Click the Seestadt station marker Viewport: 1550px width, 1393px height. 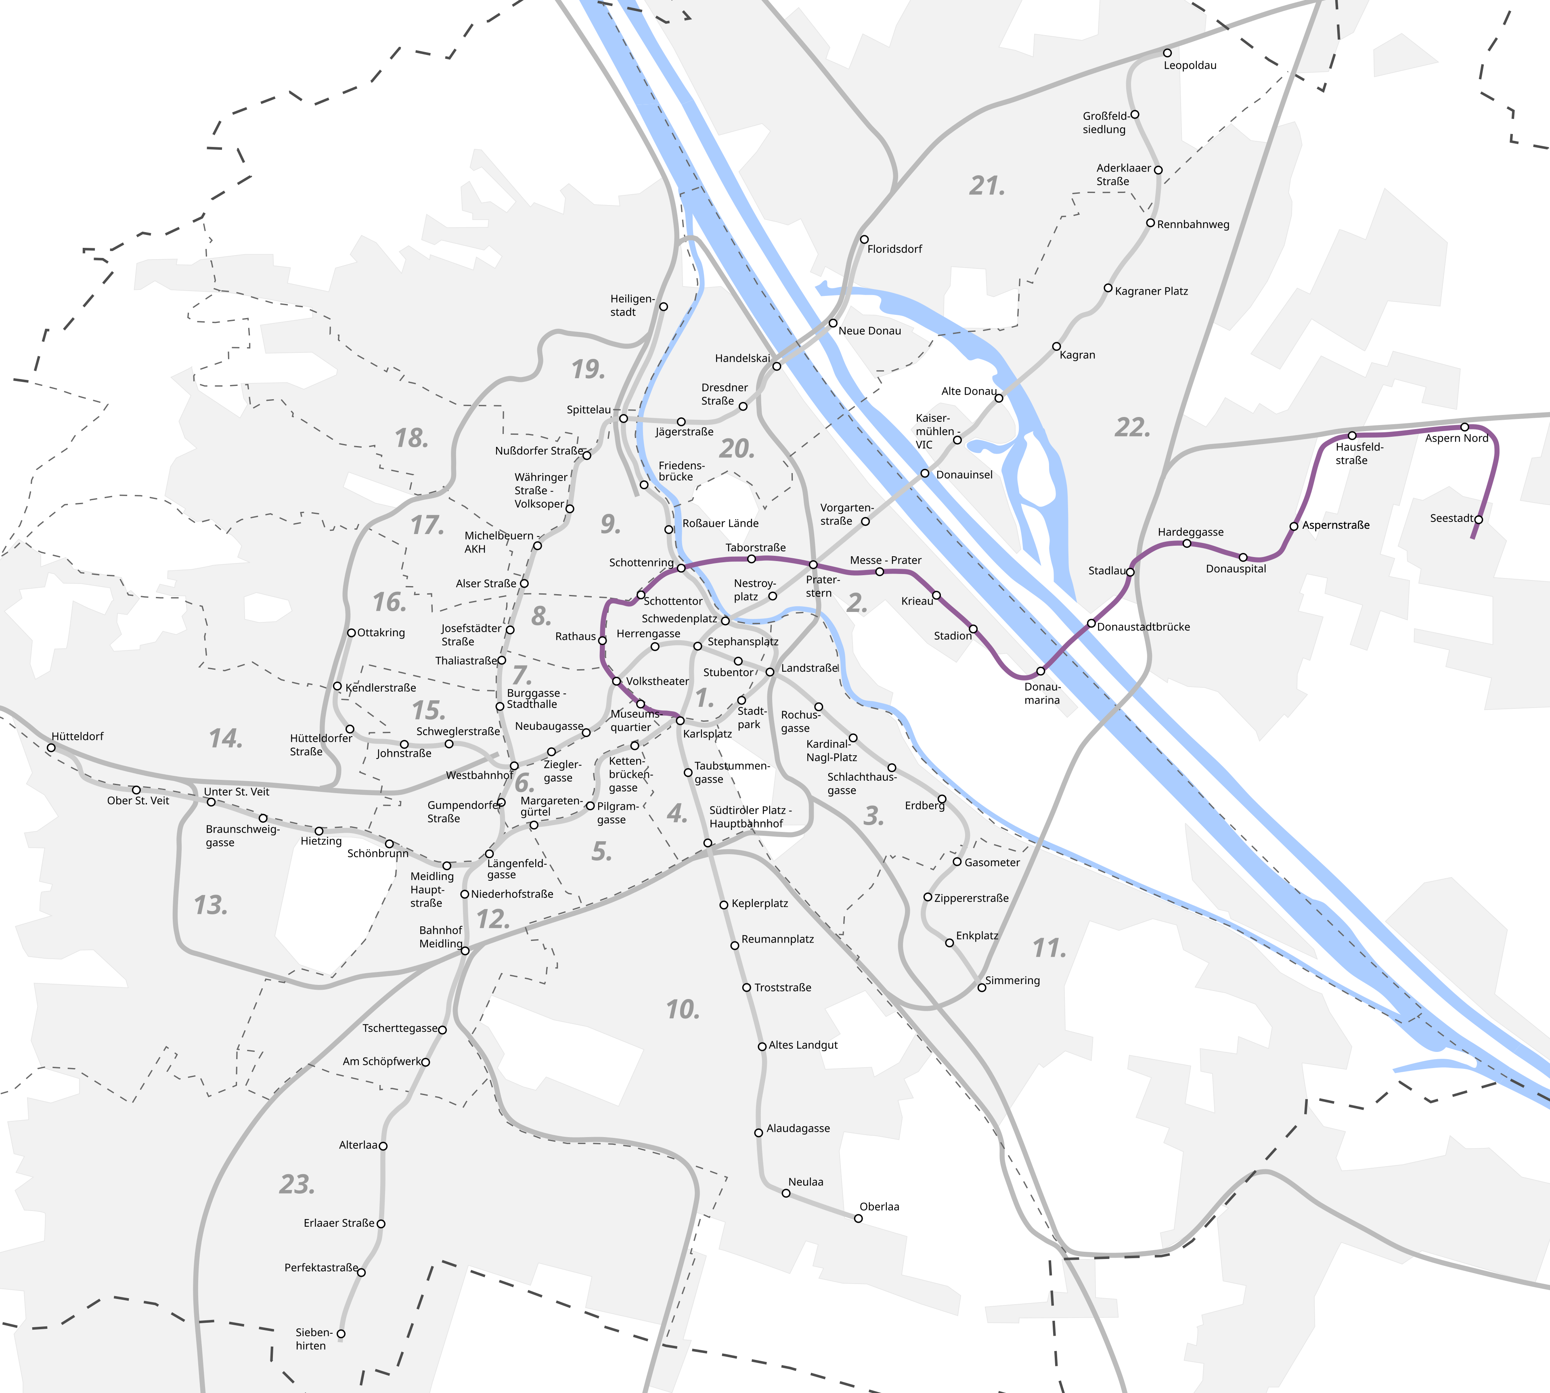[1478, 519]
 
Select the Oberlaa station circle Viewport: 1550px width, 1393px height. [858, 1219]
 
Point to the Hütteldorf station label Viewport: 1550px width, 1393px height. [77, 736]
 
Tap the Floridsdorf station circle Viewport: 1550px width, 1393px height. [864, 239]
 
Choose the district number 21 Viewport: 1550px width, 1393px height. [987, 186]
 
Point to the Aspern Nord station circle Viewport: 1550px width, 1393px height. [1464, 427]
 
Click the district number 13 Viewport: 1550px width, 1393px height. [210, 905]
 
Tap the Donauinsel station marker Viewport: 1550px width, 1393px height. [925, 474]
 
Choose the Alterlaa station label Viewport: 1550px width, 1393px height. [358, 1145]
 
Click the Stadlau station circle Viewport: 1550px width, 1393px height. [1130, 572]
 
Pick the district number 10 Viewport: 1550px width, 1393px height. [683, 1010]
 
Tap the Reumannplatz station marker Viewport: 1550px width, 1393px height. [735, 946]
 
